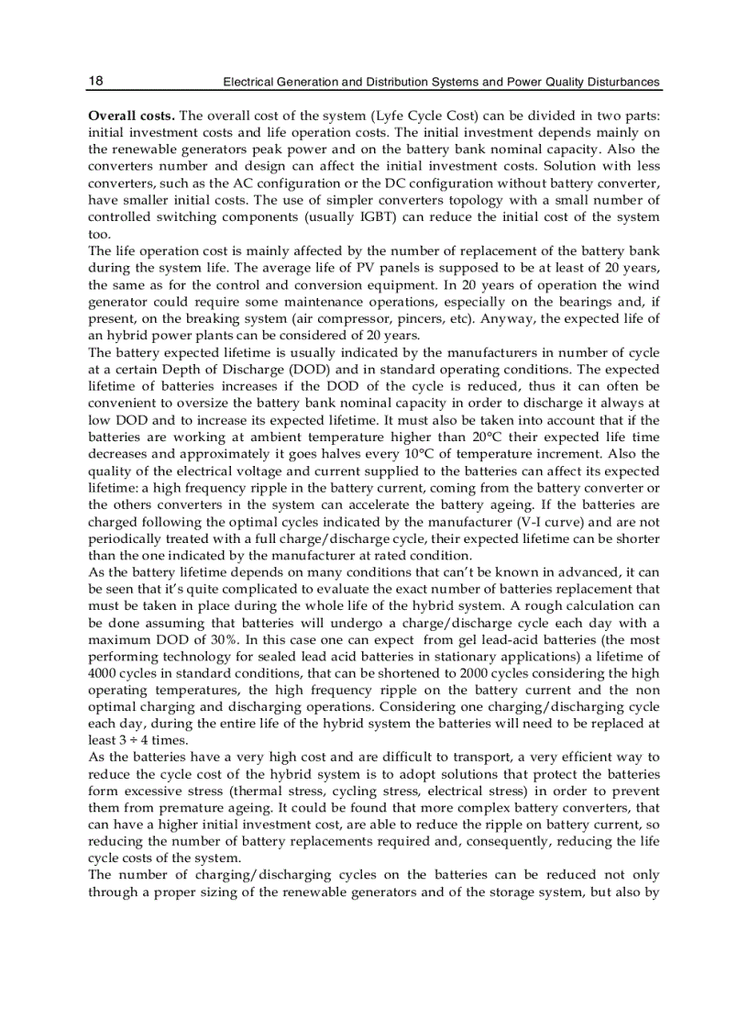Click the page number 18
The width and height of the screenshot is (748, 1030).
tap(95, 81)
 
